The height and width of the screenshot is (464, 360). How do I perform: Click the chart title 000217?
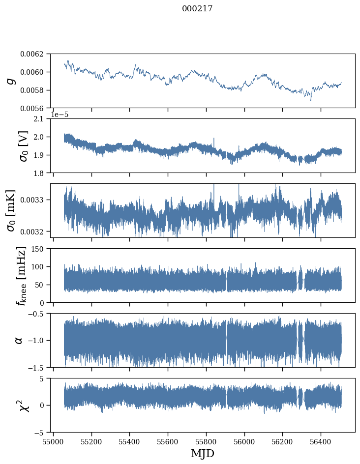click(x=197, y=8)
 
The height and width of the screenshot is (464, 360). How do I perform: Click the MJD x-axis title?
click(x=203, y=453)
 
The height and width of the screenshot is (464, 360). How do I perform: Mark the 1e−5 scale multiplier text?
click(x=60, y=115)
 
